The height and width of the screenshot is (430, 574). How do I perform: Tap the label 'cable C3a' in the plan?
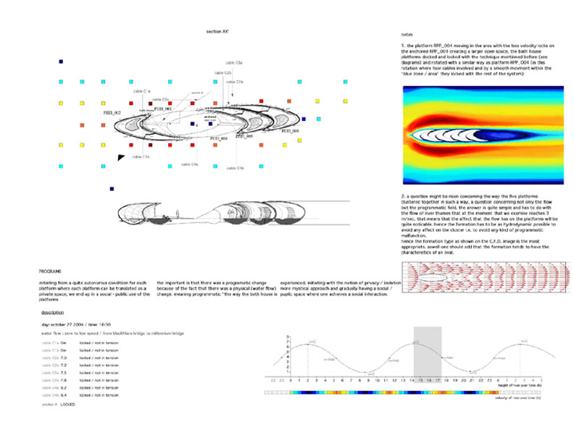tap(233, 63)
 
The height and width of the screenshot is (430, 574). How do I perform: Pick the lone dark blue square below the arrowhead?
tap(112, 189)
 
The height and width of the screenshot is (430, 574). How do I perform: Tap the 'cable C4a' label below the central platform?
tap(189, 164)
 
